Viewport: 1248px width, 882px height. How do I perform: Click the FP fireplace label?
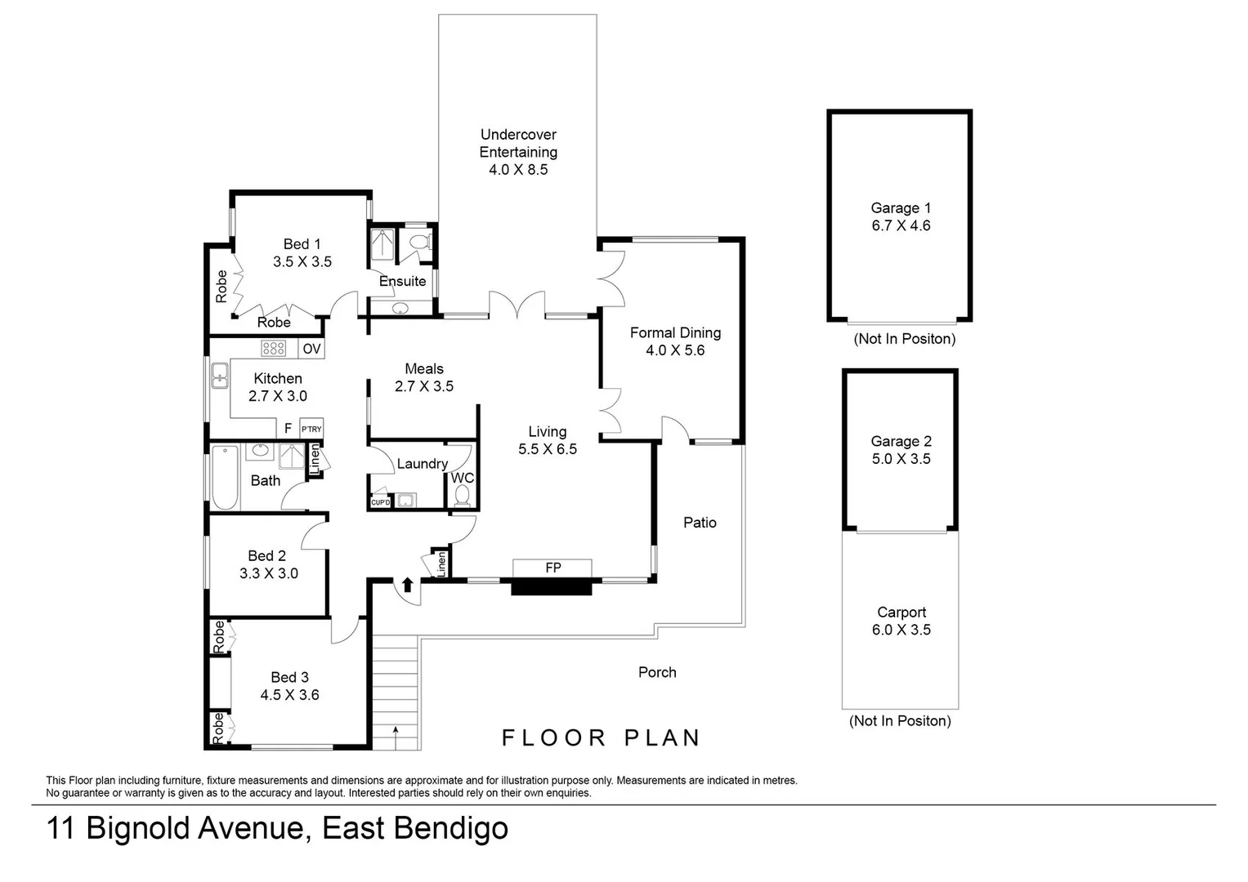tap(552, 568)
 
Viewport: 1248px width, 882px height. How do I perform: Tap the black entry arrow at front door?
tap(407, 585)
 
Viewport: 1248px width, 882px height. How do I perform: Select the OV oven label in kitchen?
tap(312, 349)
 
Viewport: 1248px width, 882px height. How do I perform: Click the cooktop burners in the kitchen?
tap(273, 349)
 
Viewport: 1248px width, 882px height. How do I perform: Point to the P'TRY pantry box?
tap(311, 429)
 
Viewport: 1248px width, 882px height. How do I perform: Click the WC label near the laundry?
tap(463, 478)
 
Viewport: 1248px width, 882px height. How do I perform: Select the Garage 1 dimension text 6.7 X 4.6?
tap(901, 225)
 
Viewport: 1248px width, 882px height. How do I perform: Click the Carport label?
tap(901, 612)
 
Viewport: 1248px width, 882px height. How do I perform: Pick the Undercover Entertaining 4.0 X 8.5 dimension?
tap(518, 170)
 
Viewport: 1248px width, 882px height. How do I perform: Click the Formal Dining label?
tap(675, 332)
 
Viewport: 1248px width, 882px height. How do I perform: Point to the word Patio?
tap(700, 523)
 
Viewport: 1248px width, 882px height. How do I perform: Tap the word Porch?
tap(657, 672)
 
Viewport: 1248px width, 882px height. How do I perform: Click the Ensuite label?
tap(402, 281)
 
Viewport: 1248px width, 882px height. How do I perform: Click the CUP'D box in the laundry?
tap(380, 502)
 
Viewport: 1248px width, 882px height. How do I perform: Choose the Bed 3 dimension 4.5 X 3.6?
tap(289, 695)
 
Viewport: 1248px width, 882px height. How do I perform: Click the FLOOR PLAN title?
tap(601, 738)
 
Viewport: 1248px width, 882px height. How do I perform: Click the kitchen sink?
tap(219, 377)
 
